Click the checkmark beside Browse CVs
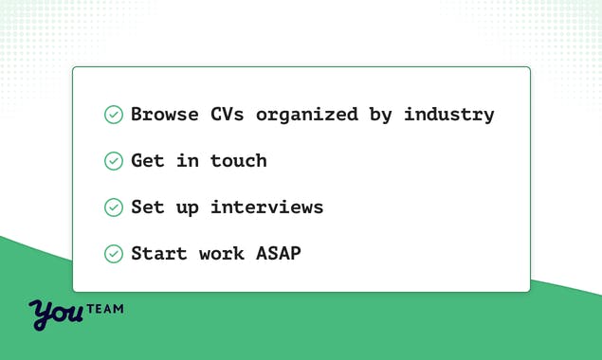click(114, 115)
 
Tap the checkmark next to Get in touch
click(114, 161)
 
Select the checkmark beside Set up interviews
click(114, 207)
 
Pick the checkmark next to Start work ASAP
click(114, 254)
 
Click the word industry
click(449, 116)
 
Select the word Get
click(148, 161)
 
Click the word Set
click(148, 207)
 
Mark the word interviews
click(267, 207)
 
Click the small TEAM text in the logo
click(104, 309)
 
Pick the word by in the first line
click(381, 116)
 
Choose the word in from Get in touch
click(188, 161)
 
